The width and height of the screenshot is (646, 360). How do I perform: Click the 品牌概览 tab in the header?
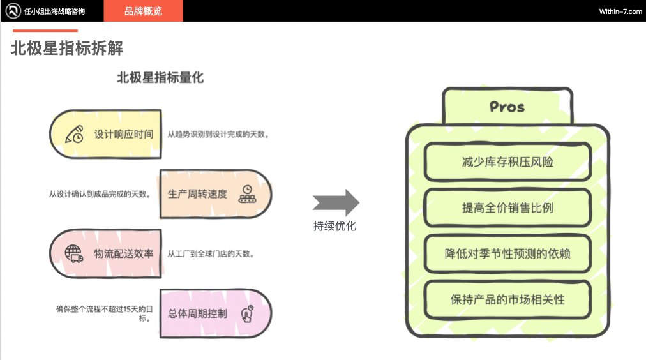143,11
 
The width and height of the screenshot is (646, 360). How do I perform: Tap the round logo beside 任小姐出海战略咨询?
11,11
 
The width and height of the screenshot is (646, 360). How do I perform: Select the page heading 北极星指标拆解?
66,49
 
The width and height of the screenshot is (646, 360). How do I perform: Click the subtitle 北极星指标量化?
160,78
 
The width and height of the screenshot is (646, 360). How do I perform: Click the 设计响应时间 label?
124,135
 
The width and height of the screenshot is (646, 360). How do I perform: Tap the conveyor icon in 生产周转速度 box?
246,193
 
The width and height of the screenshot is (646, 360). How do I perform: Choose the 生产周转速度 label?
197,193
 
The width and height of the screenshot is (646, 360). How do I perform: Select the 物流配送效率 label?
124,253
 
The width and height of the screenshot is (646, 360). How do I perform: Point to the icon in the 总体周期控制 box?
246,313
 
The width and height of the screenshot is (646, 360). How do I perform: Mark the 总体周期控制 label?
197,313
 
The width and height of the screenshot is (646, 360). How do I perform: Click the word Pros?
507,107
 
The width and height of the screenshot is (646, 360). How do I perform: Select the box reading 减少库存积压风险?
507,161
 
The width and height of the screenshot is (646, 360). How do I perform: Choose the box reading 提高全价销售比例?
507,207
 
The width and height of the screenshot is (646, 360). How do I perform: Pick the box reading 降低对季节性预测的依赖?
507,253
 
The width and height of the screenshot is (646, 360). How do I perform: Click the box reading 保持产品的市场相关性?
507,299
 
